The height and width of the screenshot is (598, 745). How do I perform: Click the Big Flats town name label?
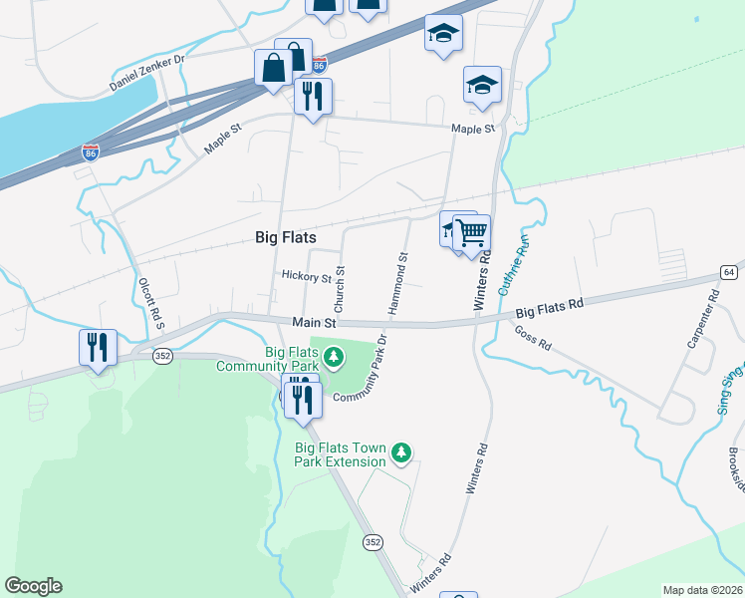click(286, 238)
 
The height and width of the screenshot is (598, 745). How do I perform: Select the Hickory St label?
click(306, 277)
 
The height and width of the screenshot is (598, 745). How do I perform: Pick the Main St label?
click(316, 323)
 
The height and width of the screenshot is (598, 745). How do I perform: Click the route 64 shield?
click(729, 272)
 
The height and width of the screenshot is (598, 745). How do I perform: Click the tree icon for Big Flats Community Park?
click(334, 355)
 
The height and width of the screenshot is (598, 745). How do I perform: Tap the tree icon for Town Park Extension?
click(401, 453)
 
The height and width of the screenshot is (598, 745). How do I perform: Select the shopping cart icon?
click(472, 233)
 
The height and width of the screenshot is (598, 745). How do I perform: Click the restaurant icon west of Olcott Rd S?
click(98, 347)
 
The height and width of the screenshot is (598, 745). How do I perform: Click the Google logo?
click(33, 586)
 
